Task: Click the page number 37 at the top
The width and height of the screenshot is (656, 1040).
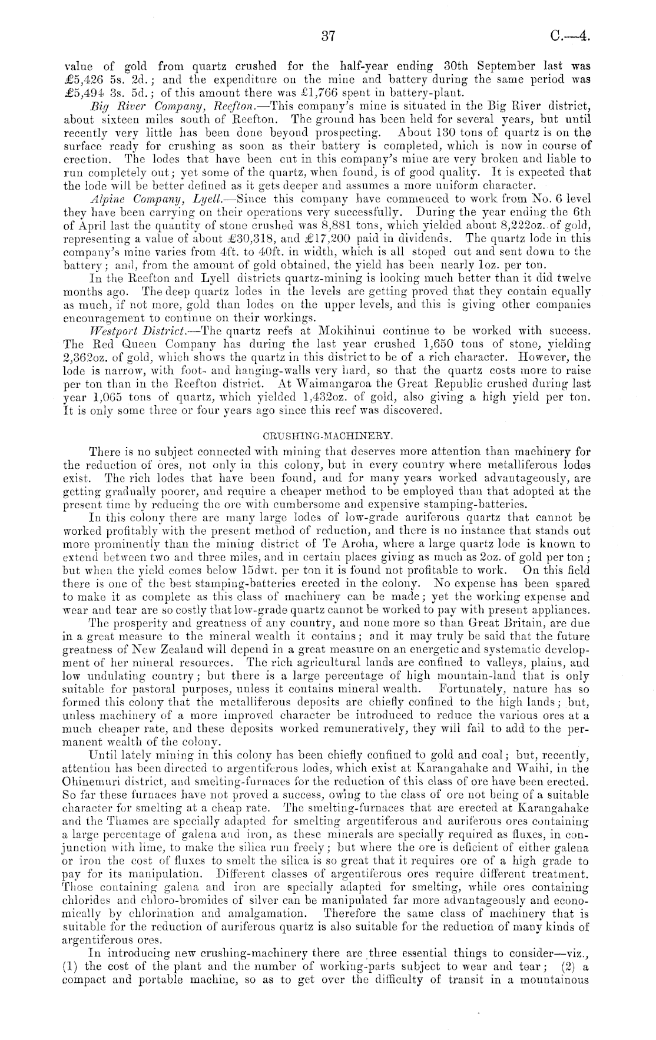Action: [x=329, y=37]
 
